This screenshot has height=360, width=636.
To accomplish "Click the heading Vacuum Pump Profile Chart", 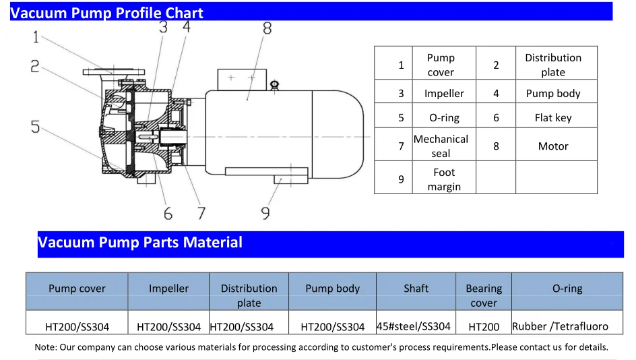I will (x=107, y=13).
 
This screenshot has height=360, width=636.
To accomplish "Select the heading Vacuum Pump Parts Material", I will (x=140, y=243).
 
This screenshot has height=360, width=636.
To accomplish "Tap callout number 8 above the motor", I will (x=267, y=28).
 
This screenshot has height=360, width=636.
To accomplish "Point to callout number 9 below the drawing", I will (x=265, y=213).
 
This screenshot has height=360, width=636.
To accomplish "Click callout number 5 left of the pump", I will (x=35, y=127).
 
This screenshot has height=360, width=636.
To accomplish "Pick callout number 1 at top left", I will (x=36, y=38).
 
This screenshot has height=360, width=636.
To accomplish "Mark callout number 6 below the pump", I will (x=168, y=214).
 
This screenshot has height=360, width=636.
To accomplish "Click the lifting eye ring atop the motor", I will (x=274, y=84).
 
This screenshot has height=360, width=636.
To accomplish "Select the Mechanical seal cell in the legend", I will (x=441, y=146).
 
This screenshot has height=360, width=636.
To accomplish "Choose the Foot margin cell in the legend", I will (x=444, y=179).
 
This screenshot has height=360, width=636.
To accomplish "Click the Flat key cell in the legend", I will (x=553, y=117).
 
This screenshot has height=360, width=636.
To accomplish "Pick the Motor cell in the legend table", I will (x=553, y=146).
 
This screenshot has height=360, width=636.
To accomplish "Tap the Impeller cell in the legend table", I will (x=444, y=94).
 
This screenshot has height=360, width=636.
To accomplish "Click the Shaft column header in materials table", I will (x=416, y=288).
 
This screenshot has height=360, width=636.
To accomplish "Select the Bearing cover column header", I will (x=484, y=295).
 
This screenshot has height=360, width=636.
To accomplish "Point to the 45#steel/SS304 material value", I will (x=413, y=326).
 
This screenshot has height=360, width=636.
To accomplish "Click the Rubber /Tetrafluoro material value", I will (x=560, y=326).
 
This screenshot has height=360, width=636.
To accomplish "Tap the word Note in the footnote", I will (x=45, y=347).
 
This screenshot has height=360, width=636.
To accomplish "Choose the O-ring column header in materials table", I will (x=567, y=288).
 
